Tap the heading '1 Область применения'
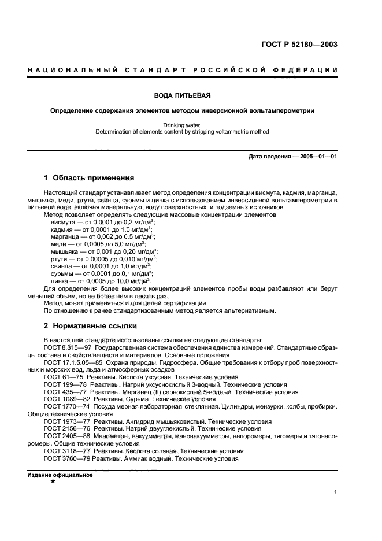coord(89,178)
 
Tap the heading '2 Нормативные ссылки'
coord(90,326)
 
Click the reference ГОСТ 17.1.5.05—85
coord(72,362)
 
